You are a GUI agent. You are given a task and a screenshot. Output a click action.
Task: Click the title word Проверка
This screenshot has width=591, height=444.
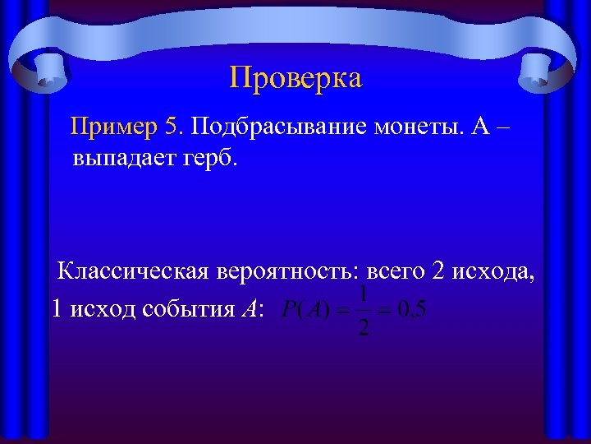click(x=295, y=78)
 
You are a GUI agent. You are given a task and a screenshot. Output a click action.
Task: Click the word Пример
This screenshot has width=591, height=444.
click(x=114, y=127)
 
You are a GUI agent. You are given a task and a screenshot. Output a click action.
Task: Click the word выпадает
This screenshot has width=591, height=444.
click(x=120, y=157)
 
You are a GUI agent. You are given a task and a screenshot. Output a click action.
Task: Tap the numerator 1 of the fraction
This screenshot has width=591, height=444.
click(x=364, y=293)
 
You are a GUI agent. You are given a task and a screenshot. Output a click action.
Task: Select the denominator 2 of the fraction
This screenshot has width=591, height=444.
click(x=364, y=328)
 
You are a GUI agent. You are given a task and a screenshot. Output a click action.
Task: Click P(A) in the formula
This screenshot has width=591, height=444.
click(x=305, y=311)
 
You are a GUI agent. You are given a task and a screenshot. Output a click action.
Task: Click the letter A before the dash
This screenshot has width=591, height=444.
click(x=482, y=127)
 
